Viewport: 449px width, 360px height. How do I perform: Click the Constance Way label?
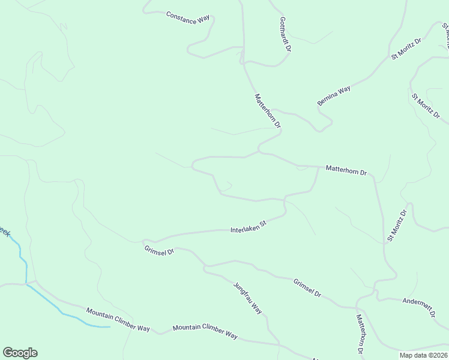pyautogui.click(x=188, y=17)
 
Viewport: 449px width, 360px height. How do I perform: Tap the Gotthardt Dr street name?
pyautogui.click(x=285, y=34)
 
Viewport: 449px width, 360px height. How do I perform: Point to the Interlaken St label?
pyautogui.click(x=248, y=226)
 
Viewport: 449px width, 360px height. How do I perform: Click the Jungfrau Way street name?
pyautogui.click(x=248, y=298)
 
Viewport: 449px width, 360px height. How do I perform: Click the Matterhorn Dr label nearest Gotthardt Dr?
pyautogui.click(x=268, y=110)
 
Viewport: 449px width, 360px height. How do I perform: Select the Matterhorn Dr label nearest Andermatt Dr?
pyautogui.click(x=360, y=334)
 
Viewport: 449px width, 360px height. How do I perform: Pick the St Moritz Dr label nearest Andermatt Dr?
pyautogui.click(x=397, y=225)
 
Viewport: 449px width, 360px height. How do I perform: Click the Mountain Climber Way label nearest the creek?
pyautogui.click(x=118, y=319)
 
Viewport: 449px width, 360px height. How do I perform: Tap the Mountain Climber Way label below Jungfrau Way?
pyautogui.click(x=205, y=331)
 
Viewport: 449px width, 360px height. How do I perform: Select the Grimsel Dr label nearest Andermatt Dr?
pyautogui.click(x=307, y=288)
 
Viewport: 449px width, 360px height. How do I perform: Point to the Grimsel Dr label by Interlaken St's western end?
pyautogui.click(x=159, y=250)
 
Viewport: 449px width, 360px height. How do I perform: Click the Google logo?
pyautogui.click(x=20, y=353)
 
